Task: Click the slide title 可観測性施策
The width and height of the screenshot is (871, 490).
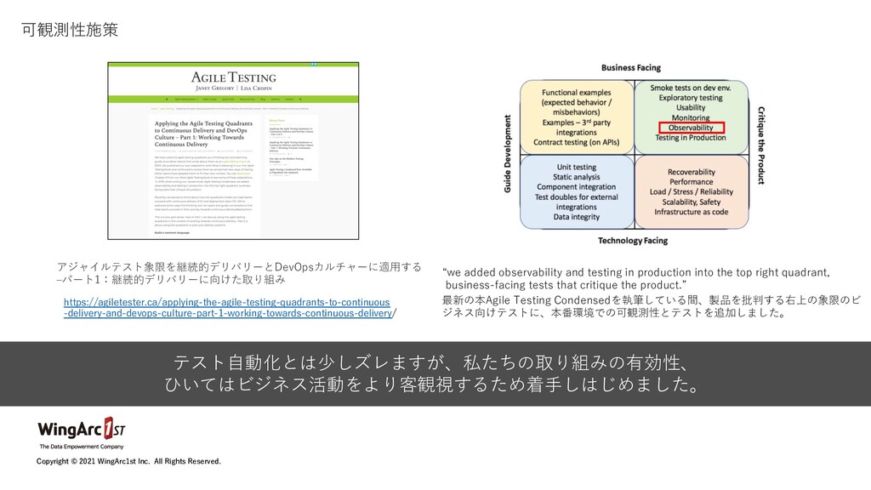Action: [x=70, y=31]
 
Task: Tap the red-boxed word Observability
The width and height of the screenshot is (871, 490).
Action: [x=691, y=128]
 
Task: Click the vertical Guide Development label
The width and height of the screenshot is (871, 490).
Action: [x=509, y=154]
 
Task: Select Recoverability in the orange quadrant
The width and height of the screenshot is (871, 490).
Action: [x=691, y=170]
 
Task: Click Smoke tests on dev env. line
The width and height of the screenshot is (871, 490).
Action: [x=691, y=87]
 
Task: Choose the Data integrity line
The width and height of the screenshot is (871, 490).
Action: [x=577, y=217]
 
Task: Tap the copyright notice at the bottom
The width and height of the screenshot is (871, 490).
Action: [x=128, y=461]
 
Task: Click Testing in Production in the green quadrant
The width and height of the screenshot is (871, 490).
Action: [x=691, y=138]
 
